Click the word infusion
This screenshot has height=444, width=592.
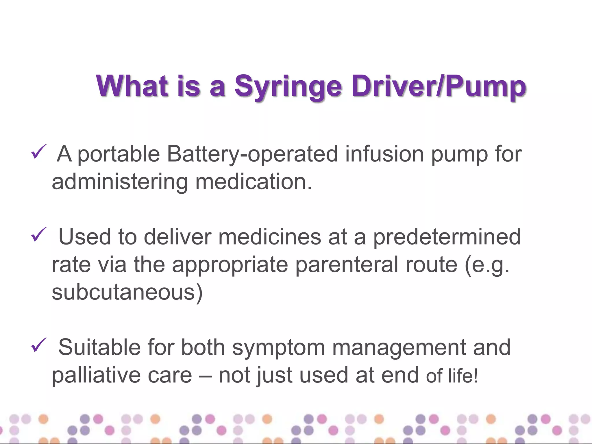click(x=384, y=154)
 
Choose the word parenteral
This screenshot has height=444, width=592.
click(x=347, y=265)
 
